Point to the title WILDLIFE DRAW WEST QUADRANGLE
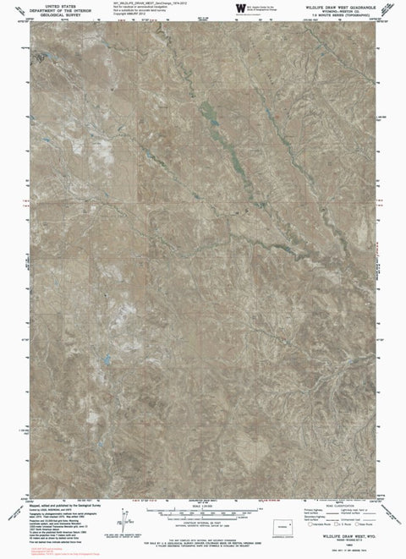click(336, 5)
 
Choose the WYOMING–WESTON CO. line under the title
click(336, 9)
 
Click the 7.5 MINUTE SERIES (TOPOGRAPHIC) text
click(336, 14)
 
